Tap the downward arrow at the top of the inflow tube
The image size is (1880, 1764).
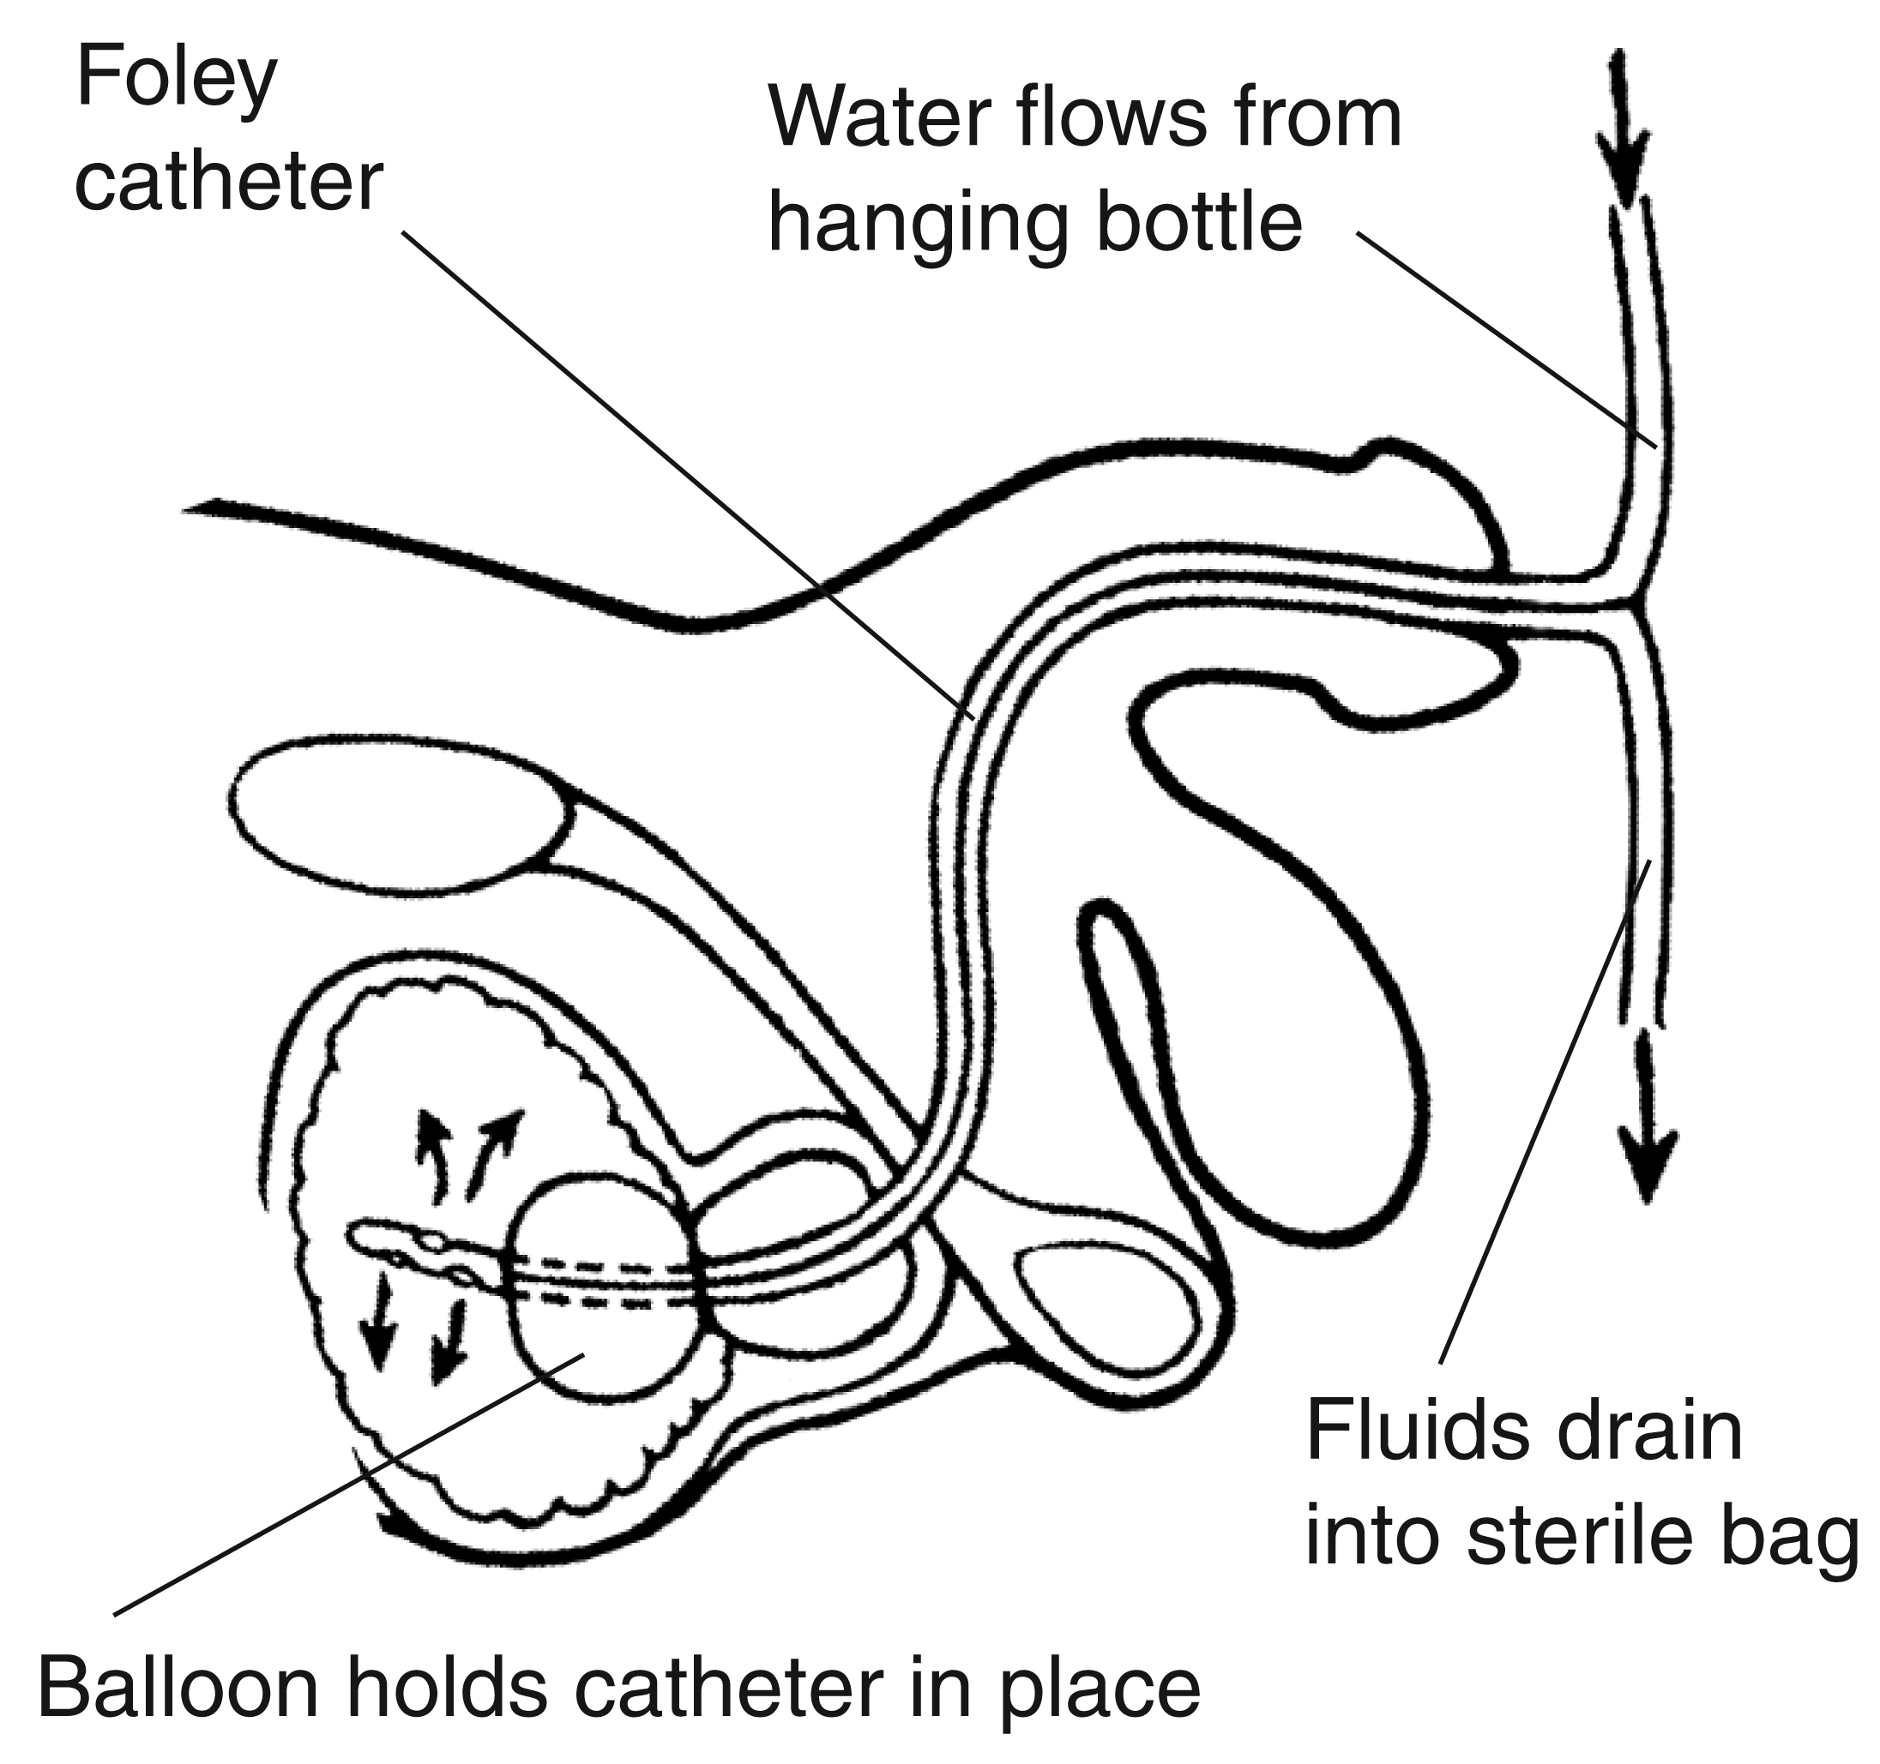coord(1623,132)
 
